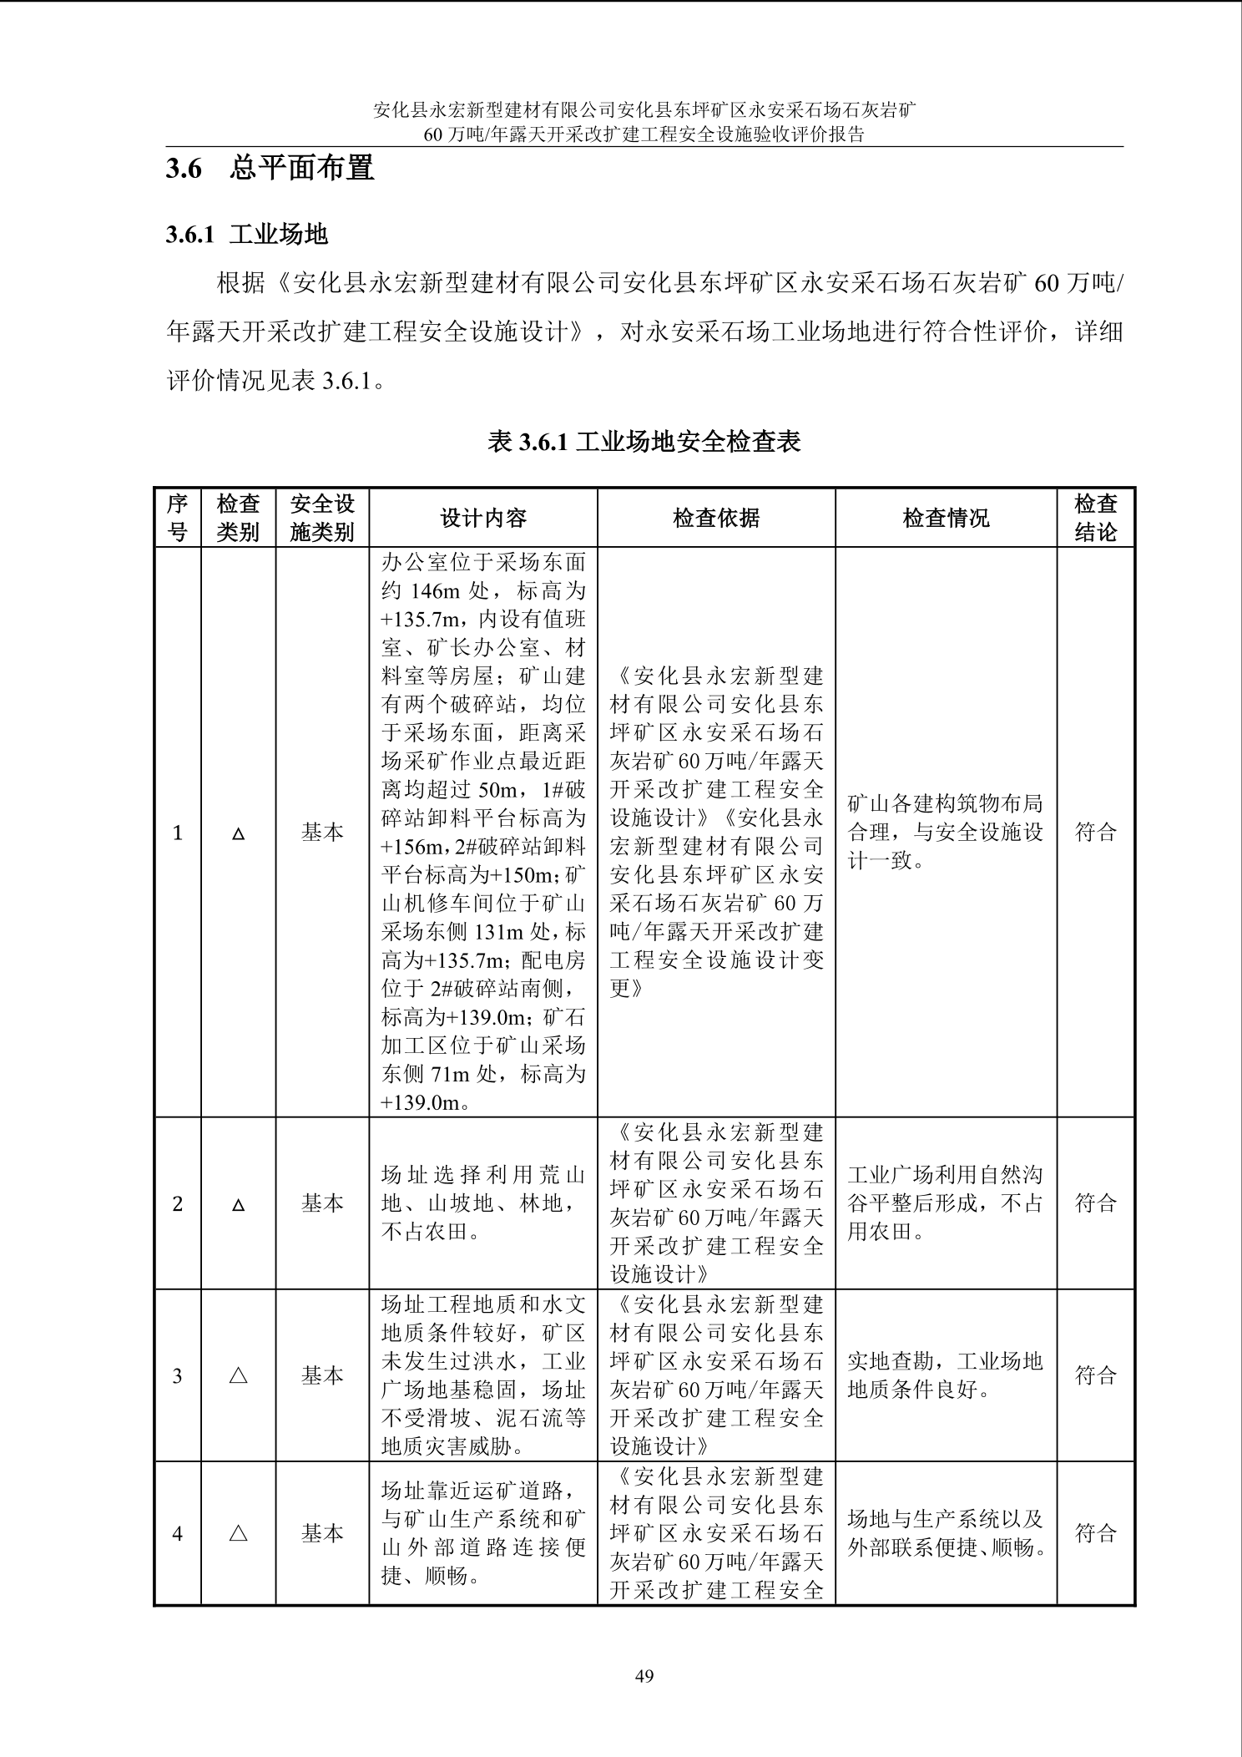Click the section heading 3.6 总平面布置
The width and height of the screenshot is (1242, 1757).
click(x=270, y=169)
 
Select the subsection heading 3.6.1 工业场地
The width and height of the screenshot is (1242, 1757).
click(x=247, y=235)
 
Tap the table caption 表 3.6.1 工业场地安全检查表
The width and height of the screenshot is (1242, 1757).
click(x=644, y=441)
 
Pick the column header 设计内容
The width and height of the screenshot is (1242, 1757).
click(x=483, y=519)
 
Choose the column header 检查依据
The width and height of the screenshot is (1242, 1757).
click(x=716, y=519)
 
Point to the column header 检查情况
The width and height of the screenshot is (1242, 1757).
click(x=946, y=519)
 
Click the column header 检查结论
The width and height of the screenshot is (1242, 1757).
click(x=1095, y=518)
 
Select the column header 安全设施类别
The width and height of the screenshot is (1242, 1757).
click(x=322, y=518)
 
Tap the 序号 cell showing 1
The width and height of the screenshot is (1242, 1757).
click(x=177, y=833)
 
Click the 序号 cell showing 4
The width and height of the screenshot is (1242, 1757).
click(x=177, y=1533)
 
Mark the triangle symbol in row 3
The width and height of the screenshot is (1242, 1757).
click(x=238, y=1375)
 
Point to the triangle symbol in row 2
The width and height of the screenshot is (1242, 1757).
click(x=238, y=1204)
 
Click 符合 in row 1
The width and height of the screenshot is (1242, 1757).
click(x=1095, y=832)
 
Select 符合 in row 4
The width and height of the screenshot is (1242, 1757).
click(x=1095, y=1533)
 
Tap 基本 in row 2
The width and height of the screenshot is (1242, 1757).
click(x=322, y=1203)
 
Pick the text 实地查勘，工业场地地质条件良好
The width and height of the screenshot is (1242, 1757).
click(x=945, y=1375)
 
